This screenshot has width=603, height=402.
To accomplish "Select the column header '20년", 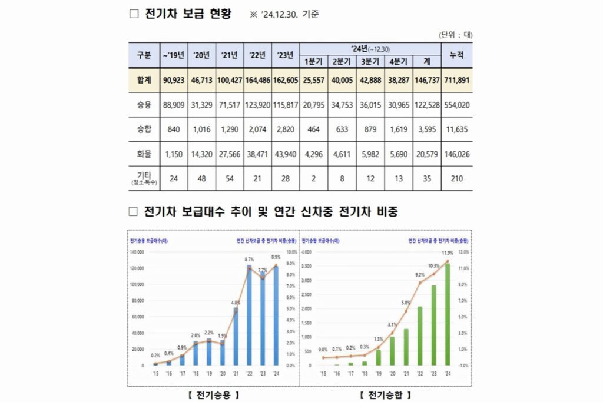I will [202, 55].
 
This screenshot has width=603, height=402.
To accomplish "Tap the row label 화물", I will [144, 153].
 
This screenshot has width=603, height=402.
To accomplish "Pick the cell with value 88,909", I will [174, 105].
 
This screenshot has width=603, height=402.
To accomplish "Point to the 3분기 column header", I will [370, 62].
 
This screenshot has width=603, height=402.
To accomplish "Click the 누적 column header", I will [457, 55].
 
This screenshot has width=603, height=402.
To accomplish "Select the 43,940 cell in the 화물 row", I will [286, 153].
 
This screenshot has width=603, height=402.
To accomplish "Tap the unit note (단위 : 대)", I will [456, 35].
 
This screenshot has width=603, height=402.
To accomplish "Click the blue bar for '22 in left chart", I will [249, 318].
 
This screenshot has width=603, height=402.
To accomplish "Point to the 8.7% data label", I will [249, 259].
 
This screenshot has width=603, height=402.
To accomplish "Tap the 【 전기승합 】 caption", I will [386, 394].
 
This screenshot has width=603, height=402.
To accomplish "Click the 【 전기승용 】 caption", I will [213, 394].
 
